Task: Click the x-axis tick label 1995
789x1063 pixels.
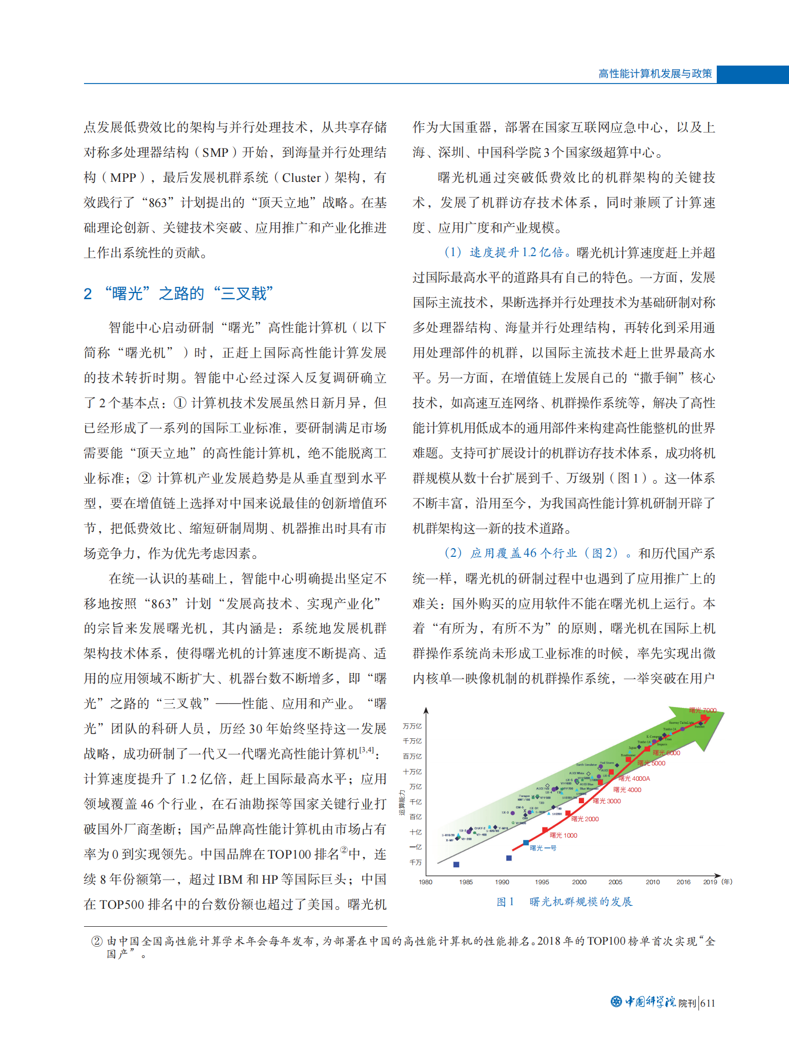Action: tap(542, 882)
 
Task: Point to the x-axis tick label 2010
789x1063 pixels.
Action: tap(652, 882)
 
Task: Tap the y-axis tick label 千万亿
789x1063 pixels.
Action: tap(412, 741)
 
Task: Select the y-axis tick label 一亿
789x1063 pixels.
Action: tap(416, 847)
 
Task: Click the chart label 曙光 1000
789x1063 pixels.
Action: tap(563, 835)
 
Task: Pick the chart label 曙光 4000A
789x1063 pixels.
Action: tap(634, 778)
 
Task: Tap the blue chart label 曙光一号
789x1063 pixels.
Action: tap(543, 848)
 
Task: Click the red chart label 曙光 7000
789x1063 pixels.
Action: tap(702, 710)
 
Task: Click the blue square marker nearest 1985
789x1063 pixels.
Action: tap(456, 864)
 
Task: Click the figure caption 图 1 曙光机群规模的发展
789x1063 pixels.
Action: tap(564, 902)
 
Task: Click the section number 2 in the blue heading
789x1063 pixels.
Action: tap(88, 294)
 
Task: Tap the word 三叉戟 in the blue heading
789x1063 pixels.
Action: tap(243, 294)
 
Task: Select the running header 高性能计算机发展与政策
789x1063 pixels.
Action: tap(655, 74)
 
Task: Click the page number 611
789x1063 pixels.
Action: tap(708, 1003)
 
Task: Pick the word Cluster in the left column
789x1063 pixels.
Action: tap(301, 178)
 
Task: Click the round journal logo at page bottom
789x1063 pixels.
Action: tap(616, 1002)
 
